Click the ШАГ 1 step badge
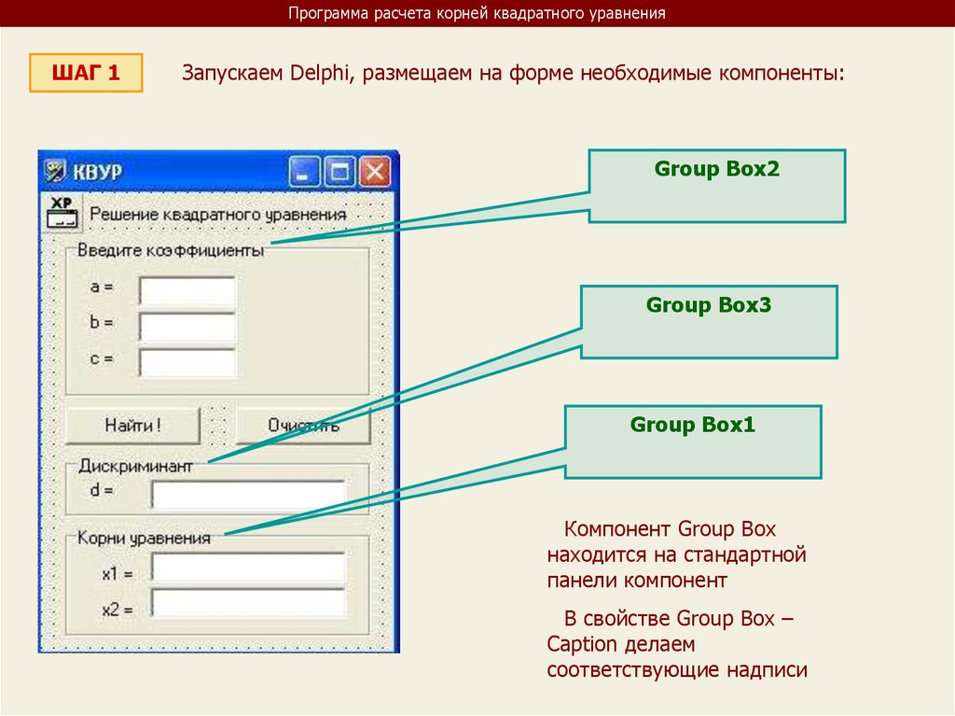pos(86,73)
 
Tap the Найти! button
pos(132,425)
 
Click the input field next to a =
pos(187,291)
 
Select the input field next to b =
pos(187,327)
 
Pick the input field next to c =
pos(187,361)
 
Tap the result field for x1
pos(248,569)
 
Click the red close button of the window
pos(375,172)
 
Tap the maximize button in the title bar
pos(340,172)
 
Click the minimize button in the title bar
pos(305,172)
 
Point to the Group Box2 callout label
pos(716,170)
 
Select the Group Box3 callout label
pos(709,305)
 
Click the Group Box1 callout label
pos(692,426)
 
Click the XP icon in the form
pos(62,213)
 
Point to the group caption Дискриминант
pos(135,465)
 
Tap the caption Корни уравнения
pos(144,538)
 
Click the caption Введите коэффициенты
pos(170,250)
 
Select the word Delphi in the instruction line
pos(317,73)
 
